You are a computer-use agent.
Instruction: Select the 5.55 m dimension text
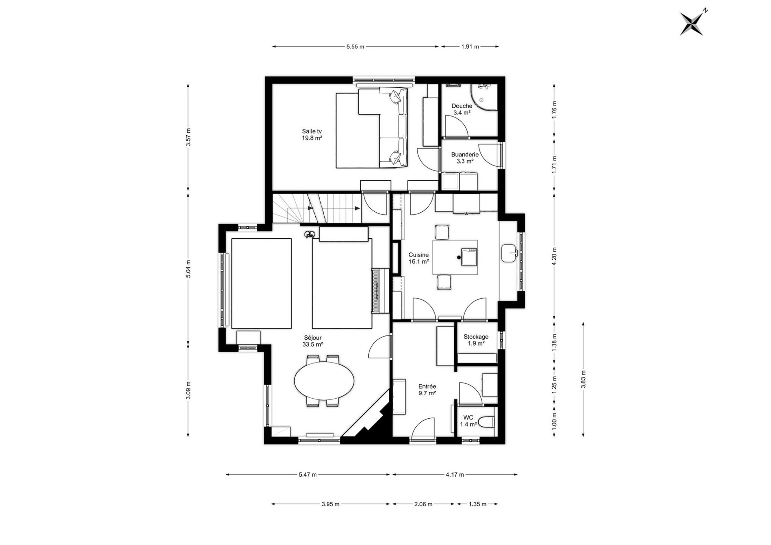click(x=355, y=47)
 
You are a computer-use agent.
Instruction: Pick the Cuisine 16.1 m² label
click(x=419, y=258)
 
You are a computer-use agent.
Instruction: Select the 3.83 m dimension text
click(x=583, y=379)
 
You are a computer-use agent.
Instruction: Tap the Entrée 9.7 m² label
click(x=427, y=390)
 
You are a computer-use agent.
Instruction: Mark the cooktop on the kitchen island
click(x=469, y=257)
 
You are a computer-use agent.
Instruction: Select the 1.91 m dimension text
click(x=470, y=47)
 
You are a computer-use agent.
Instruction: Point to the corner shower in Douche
click(x=484, y=97)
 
